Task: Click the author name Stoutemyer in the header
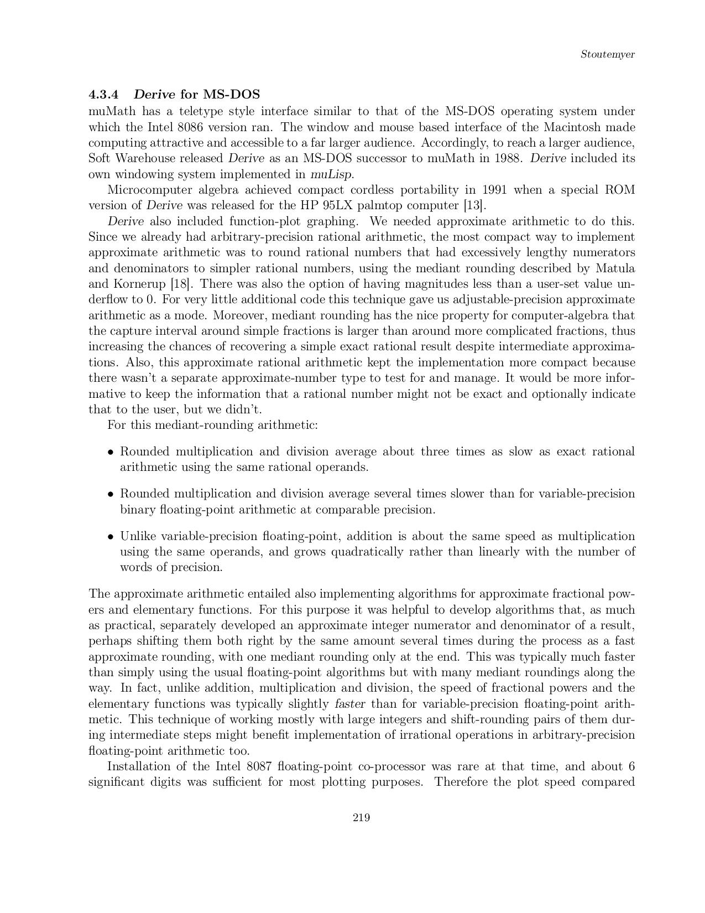(607, 54)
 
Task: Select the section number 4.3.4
(104, 94)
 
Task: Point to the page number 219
(361, 817)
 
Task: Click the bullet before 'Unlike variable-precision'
(111, 537)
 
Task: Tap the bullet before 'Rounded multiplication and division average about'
(111, 452)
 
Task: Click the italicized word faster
(351, 704)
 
